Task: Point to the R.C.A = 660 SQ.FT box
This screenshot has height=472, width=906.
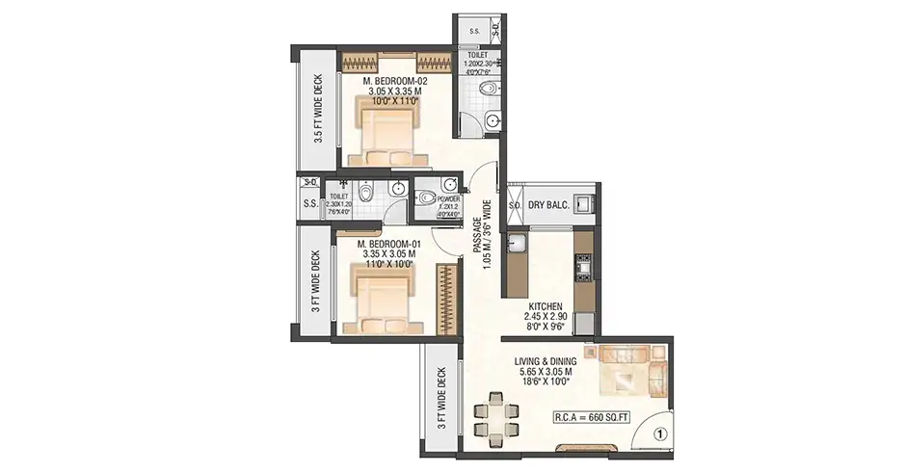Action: (591, 417)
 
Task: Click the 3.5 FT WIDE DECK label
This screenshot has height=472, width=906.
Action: (318, 108)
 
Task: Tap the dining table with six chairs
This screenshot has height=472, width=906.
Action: (496, 417)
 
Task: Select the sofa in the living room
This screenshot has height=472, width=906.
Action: (626, 370)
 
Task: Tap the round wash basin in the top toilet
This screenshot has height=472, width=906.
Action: (493, 121)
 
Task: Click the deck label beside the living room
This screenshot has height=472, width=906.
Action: (440, 399)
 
